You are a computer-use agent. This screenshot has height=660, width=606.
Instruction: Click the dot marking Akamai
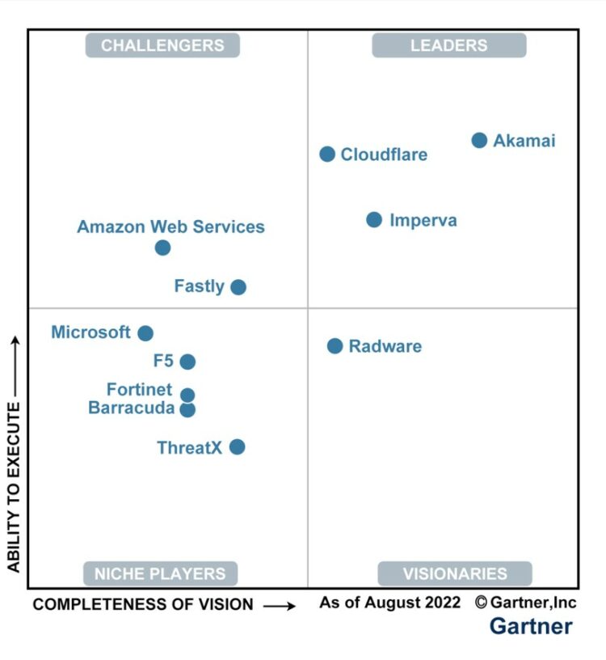coord(479,140)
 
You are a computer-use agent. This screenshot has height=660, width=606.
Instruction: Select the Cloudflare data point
coord(327,154)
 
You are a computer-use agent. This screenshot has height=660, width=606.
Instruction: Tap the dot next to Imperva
coord(374,219)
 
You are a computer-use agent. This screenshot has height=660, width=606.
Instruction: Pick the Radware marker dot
coord(335,346)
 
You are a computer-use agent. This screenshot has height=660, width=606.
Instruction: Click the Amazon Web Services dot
coord(162,247)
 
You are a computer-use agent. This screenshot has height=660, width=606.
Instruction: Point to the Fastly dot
coord(238,286)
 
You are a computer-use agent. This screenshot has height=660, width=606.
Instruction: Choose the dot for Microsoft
coord(145,332)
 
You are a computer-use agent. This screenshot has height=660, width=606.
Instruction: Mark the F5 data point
coord(187,362)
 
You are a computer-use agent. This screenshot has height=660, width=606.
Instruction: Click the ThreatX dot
coord(237,446)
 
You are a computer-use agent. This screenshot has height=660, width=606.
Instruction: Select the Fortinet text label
coord(139,390)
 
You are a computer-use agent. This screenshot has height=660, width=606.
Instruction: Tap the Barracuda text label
coord(131,408)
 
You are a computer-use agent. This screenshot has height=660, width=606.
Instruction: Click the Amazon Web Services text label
coord(170,226)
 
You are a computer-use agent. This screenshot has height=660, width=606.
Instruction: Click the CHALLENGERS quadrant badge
coord(162,45)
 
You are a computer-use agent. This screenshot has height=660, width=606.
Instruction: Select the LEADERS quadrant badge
coord(448,45)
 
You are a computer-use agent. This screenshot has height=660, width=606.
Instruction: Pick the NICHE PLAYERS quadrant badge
coord(160,573)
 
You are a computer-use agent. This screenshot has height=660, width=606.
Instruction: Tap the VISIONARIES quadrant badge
coord(455,573)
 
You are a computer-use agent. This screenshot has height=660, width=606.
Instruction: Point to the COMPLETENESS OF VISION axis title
coord(143,604)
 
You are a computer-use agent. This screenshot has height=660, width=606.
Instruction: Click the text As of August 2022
coord(389,603)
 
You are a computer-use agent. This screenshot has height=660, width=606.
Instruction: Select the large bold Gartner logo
coord(531,626)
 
